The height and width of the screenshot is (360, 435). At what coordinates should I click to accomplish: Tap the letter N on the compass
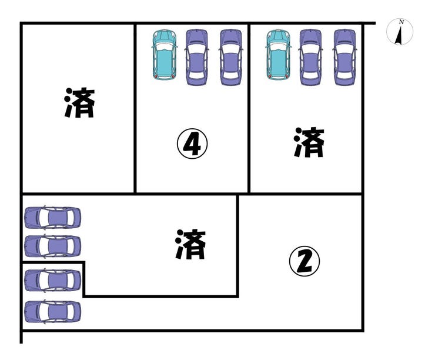(x=401, y=22)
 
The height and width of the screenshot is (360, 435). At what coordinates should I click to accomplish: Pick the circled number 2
(x=305, y=262)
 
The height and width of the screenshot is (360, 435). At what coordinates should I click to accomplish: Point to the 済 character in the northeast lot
(x=309, y=143)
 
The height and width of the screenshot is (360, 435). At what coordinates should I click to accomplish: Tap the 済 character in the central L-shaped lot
(x=191, y=245)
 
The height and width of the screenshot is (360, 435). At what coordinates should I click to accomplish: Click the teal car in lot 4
(x=164, y=55)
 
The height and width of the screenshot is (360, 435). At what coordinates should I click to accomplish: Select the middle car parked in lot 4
(x=198, y=57)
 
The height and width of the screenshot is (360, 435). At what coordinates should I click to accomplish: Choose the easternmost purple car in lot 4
(x=231, y=57)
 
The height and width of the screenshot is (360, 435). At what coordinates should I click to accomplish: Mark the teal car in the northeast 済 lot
(x=278, y=55)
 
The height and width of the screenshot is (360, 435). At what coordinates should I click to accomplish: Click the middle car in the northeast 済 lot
(x=311, y=57)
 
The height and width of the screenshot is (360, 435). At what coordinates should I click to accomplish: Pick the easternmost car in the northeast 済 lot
(x=345, y=57)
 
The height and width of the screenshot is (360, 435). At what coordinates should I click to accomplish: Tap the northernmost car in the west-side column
(x=52, y=218)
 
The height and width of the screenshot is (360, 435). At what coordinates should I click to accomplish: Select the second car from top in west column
(x=52, y=246)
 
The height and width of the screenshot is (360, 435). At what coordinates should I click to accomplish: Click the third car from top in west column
(x=52, y=281)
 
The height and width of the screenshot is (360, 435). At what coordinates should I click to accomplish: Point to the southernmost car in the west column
(x=52, y=311)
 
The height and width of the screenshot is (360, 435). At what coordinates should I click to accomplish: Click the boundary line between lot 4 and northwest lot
(x=136, y=118)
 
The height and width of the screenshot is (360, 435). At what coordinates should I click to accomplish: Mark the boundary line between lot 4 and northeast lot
(x=250, y=118)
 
